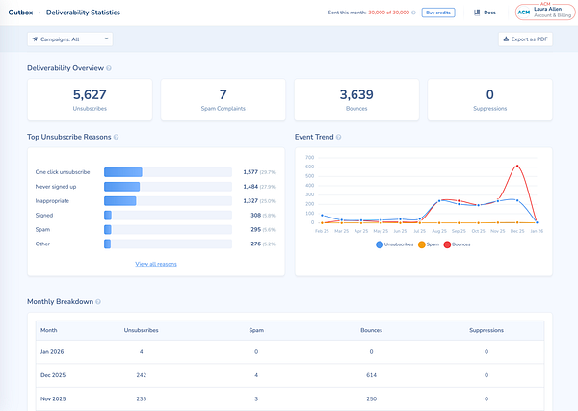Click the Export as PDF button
click(x=524, y=39)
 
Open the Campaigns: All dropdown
click(x=70, y=39)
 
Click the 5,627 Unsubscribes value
click(x=90, y=94)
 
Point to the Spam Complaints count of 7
click(x=223, y=94)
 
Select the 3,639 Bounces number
click(x=355, y=94)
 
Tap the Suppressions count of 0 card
click(x=488, y=99)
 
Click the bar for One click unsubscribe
click(x=122, y=172)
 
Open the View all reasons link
click(x=156, y=263)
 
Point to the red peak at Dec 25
click(x=518, y=166)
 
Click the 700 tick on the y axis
click(x=309, y=157)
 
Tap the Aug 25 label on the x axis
click(x=440, y=231)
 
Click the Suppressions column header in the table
click(x=486, y=331)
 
